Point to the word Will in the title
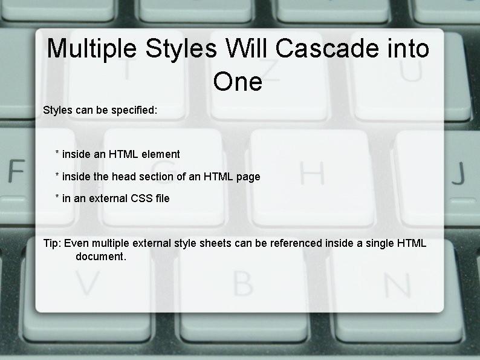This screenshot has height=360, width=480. click(247, 48)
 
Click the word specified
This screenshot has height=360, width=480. click(134, 111)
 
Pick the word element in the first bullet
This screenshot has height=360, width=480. click(160, 154)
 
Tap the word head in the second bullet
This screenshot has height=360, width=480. click(124, 177)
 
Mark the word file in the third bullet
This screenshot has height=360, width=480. click(162, 198)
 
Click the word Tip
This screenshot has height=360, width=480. click(51, 243)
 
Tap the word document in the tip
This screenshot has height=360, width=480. click(100, 257)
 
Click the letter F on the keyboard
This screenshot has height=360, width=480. click(15, 172)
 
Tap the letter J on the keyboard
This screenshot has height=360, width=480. click(458, 174)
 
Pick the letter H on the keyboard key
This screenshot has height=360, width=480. click(312, 173)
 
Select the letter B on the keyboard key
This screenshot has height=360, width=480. click(242, 283)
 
